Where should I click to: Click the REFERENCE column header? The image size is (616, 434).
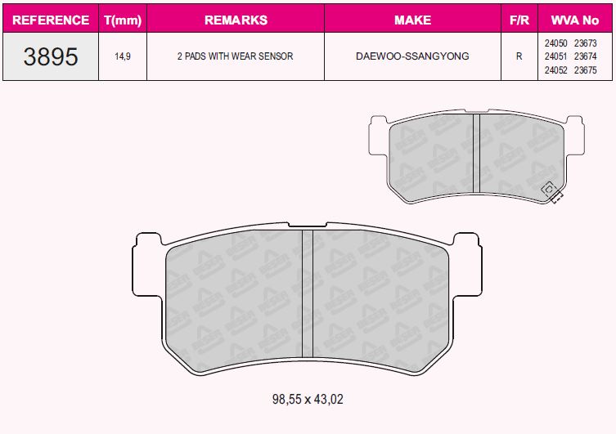51,20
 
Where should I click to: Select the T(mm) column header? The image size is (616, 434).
123,20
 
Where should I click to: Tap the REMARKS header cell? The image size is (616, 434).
236,20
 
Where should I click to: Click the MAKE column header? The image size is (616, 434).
412,20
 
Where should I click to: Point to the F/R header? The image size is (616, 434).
519,20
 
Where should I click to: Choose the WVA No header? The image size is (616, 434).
575,20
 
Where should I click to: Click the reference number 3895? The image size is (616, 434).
51,56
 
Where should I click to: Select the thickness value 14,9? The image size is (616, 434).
123,56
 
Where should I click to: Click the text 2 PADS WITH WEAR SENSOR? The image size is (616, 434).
236,56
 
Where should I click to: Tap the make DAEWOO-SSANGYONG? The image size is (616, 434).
412,56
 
